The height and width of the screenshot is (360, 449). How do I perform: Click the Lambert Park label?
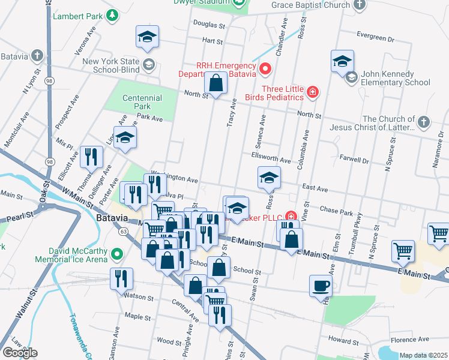pyautogui.click(x=78, y=16)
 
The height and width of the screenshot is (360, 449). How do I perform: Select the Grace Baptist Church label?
pyautogui.click(x=310, y=5)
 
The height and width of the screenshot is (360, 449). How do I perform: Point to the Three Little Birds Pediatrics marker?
pyautogui.click(x=312, y=92)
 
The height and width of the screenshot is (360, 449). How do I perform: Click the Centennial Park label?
pyautogui.click(x=142, y=102)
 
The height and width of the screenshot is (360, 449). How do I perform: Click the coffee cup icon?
pyautogui.click(x=321, y=286)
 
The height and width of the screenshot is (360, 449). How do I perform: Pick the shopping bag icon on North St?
pyautogui.click(x=215, y=83)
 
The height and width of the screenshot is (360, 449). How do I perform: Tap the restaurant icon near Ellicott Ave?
pyautogui.click(x=91, y=157)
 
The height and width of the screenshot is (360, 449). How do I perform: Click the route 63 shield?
pyautogui.click(x=123, y=231)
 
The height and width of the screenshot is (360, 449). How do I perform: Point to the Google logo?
pyautogui.click(x=20, y=353)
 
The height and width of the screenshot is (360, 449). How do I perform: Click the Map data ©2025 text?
pyautogui.click(x=423, y=355)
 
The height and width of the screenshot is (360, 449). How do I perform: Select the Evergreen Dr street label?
pyautogui.click(x=375, y=36)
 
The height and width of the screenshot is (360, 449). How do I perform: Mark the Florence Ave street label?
pyautogui.click(x=405, y=340)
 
